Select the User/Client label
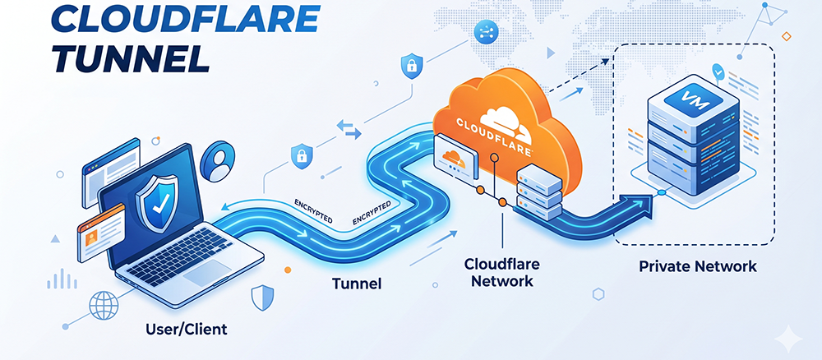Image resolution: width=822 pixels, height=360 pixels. (x=187, y=330)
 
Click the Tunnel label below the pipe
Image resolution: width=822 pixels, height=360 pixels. (x=357, y=284)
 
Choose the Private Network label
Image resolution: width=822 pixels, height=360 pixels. (x=698, y=265)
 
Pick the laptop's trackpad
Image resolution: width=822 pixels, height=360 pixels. (x=207, y=273)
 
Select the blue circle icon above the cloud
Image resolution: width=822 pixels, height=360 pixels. (x=484, y=34)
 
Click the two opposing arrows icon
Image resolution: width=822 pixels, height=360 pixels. (x=349, y=129)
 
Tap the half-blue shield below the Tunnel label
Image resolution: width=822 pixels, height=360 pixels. (x=263, y=298)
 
